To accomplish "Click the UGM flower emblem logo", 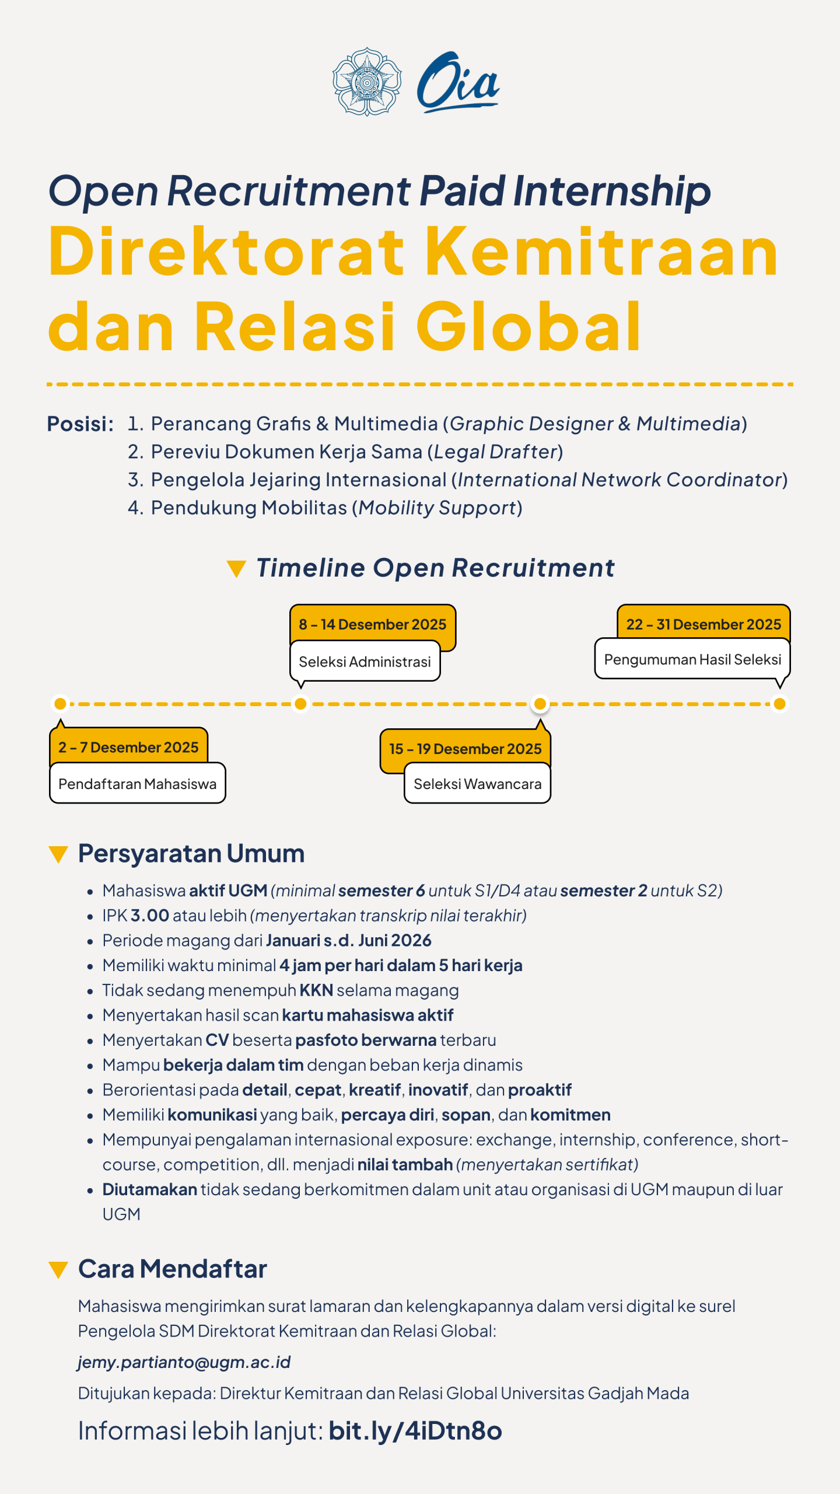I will click(366, 82).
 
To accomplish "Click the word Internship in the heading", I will click(612, 191).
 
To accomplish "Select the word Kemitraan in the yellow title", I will click(601, 252).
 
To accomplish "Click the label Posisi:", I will click(80, 424).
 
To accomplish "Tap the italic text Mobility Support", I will click(437, 508).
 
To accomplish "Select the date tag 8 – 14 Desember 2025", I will click(372, 624).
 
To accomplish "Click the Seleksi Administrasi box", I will click(365, 662).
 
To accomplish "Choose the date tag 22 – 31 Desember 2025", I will click(703, 624).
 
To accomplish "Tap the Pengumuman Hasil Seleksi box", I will click(692, 659).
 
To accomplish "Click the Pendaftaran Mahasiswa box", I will click(137, 784).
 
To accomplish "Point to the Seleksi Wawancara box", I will click(477, 784).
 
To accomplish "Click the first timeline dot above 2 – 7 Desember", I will click(60, 704).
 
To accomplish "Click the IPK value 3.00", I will click(150, 916).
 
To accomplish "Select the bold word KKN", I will click(316, 990).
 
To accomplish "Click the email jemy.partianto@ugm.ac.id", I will click(184, 1362).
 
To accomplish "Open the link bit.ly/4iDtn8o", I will click(415, 1431).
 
